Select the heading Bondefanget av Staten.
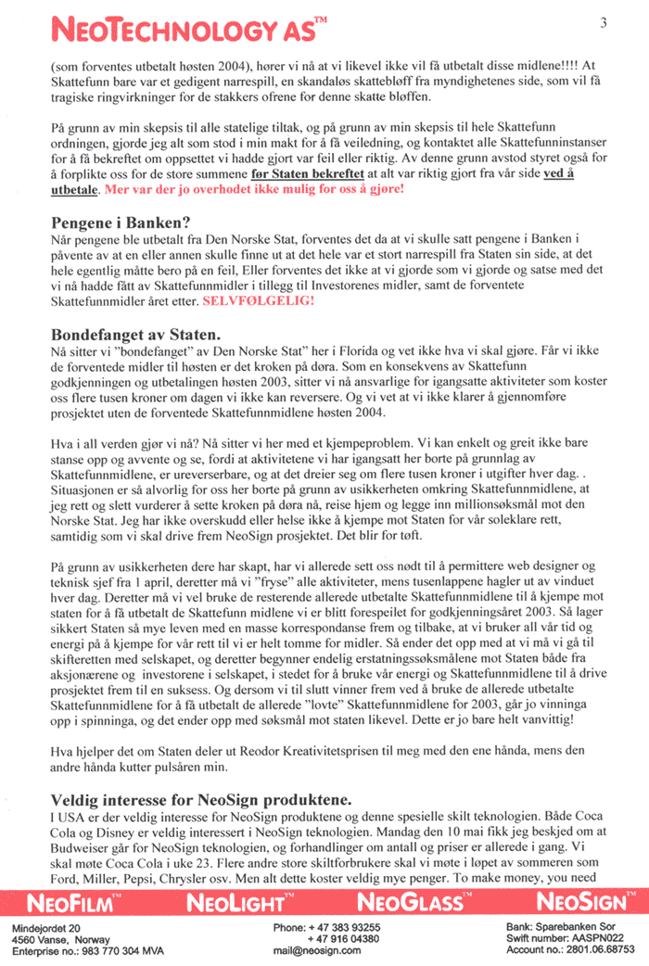[x=134, y=332]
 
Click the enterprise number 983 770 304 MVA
[x=127, y=950]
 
